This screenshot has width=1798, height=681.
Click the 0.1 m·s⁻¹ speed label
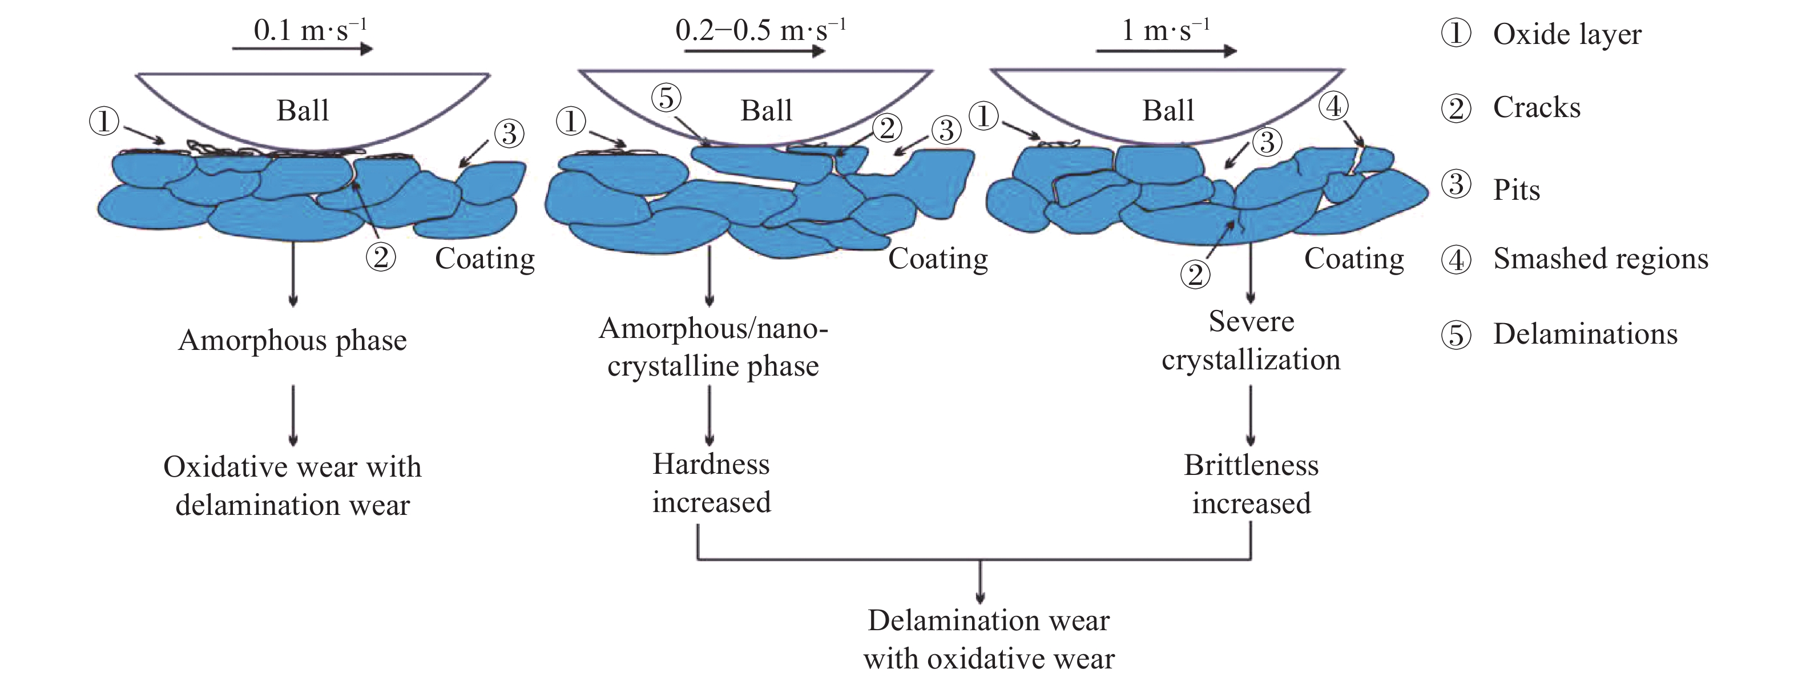coord(310,31)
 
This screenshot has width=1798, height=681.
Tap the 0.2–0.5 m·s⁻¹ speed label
coord(761,31)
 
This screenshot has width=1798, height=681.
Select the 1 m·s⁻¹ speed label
coord(1165,31)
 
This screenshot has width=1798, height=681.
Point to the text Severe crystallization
coord(1251,340)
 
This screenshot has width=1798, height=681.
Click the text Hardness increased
coord(711,483)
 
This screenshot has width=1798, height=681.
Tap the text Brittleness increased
coord(1251,483)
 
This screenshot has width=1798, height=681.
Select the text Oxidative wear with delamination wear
coord(292,486)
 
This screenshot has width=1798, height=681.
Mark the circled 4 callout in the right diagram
coord(1334,106)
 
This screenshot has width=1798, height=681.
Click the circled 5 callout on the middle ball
coord(667,98)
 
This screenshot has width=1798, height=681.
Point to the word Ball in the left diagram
coord(302,111)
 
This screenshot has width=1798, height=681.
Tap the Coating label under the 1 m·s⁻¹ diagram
coord(1354,259)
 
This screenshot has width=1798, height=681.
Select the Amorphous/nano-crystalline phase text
coord(713,347)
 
